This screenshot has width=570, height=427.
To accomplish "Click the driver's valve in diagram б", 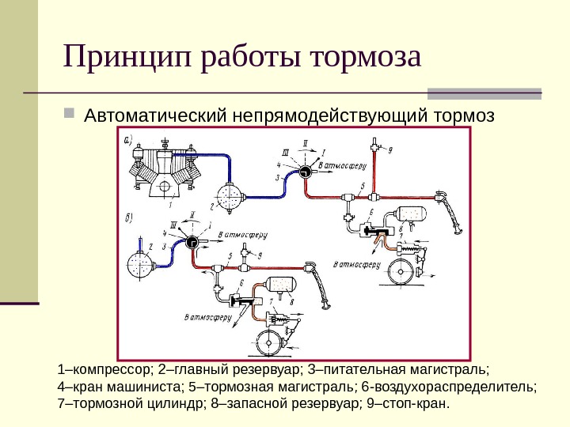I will point(191,243).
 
